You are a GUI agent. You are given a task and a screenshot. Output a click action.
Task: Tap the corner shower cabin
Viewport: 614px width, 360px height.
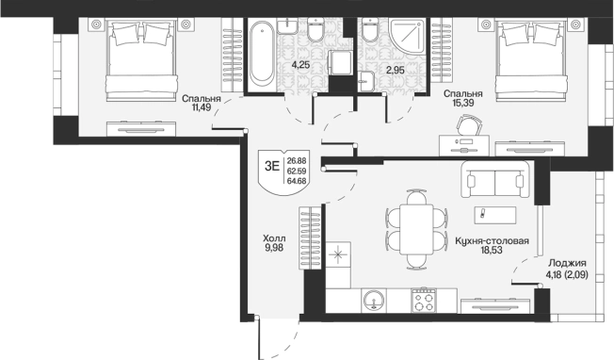point(407,35)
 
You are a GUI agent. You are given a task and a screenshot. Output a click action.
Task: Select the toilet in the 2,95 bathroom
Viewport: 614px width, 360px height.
point(369,28)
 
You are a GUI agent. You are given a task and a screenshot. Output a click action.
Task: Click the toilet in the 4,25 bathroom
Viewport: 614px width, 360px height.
point(315,28)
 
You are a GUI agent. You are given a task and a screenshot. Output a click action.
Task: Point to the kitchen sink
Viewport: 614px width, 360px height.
point(374,301)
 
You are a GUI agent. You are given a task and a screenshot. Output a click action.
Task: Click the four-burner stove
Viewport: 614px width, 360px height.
point(424,301)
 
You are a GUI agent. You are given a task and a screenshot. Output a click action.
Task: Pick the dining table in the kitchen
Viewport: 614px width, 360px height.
point(416,230)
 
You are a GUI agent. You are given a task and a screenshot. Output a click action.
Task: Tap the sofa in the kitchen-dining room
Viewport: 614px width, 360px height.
point(495,179)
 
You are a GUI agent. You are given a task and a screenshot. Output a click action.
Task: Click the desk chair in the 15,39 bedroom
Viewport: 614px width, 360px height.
point(469,125)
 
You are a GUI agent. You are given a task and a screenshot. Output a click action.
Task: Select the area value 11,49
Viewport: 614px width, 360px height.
point(202,106)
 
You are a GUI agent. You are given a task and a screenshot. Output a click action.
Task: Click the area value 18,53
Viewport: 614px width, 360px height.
point(492,250)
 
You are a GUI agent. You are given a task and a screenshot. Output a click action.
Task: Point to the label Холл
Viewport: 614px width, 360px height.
point(274,238)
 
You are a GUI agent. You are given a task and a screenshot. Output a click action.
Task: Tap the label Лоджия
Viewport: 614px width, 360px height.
point(567,263)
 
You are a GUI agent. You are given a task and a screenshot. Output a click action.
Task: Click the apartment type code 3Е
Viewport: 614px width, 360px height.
point(272,166)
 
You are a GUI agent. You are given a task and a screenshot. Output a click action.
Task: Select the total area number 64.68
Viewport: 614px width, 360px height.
point(297,181)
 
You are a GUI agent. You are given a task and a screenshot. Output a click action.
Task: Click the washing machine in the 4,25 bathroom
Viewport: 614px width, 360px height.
point(340,63)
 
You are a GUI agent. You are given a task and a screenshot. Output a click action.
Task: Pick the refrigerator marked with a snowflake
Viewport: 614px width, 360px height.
point(338,254)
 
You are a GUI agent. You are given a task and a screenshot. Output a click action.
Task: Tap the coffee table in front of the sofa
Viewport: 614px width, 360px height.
point(495,215)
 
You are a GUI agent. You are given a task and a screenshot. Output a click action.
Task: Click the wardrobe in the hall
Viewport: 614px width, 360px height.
point(311,238)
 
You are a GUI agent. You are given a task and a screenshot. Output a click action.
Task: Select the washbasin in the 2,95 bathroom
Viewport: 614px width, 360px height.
point(365,81)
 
